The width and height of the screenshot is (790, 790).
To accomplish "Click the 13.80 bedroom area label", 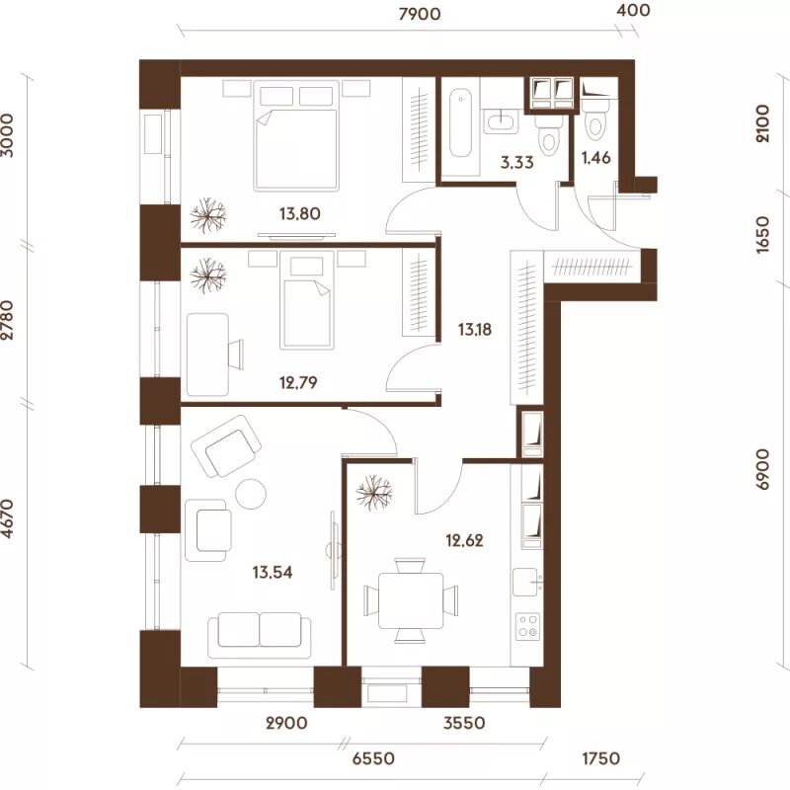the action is click(300, 213).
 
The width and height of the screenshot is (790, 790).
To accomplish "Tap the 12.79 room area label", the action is click(298, 383).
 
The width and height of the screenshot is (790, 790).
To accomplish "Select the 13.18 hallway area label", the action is click(475, 330).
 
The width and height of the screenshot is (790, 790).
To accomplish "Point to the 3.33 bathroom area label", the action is click(516, 163).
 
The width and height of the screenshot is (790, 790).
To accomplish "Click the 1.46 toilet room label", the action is click(596, 158).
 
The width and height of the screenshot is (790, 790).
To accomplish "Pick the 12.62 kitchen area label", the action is click(464, 540).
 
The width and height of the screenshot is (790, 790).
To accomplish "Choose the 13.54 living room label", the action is click(273, 573).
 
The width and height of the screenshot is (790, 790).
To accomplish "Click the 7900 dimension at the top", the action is click(419, 14).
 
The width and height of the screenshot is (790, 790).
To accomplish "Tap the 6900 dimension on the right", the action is click(762, 470).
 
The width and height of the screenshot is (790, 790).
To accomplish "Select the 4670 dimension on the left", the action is click(8, 519).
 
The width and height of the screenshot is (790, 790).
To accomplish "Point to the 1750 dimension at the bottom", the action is click(601, 757).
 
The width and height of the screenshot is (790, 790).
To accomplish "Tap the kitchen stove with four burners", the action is click(528, 626).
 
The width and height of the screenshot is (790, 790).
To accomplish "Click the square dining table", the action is click(411, 600).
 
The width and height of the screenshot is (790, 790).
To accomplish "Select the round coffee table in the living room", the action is click(251, 493).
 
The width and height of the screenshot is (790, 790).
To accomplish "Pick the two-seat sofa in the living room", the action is click(260, 635).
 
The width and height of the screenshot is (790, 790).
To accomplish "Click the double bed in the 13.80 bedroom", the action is click(295, 136).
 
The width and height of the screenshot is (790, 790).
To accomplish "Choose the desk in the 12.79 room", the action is click(207, 355).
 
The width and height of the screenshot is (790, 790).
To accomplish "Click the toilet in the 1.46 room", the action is click(595, 120).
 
